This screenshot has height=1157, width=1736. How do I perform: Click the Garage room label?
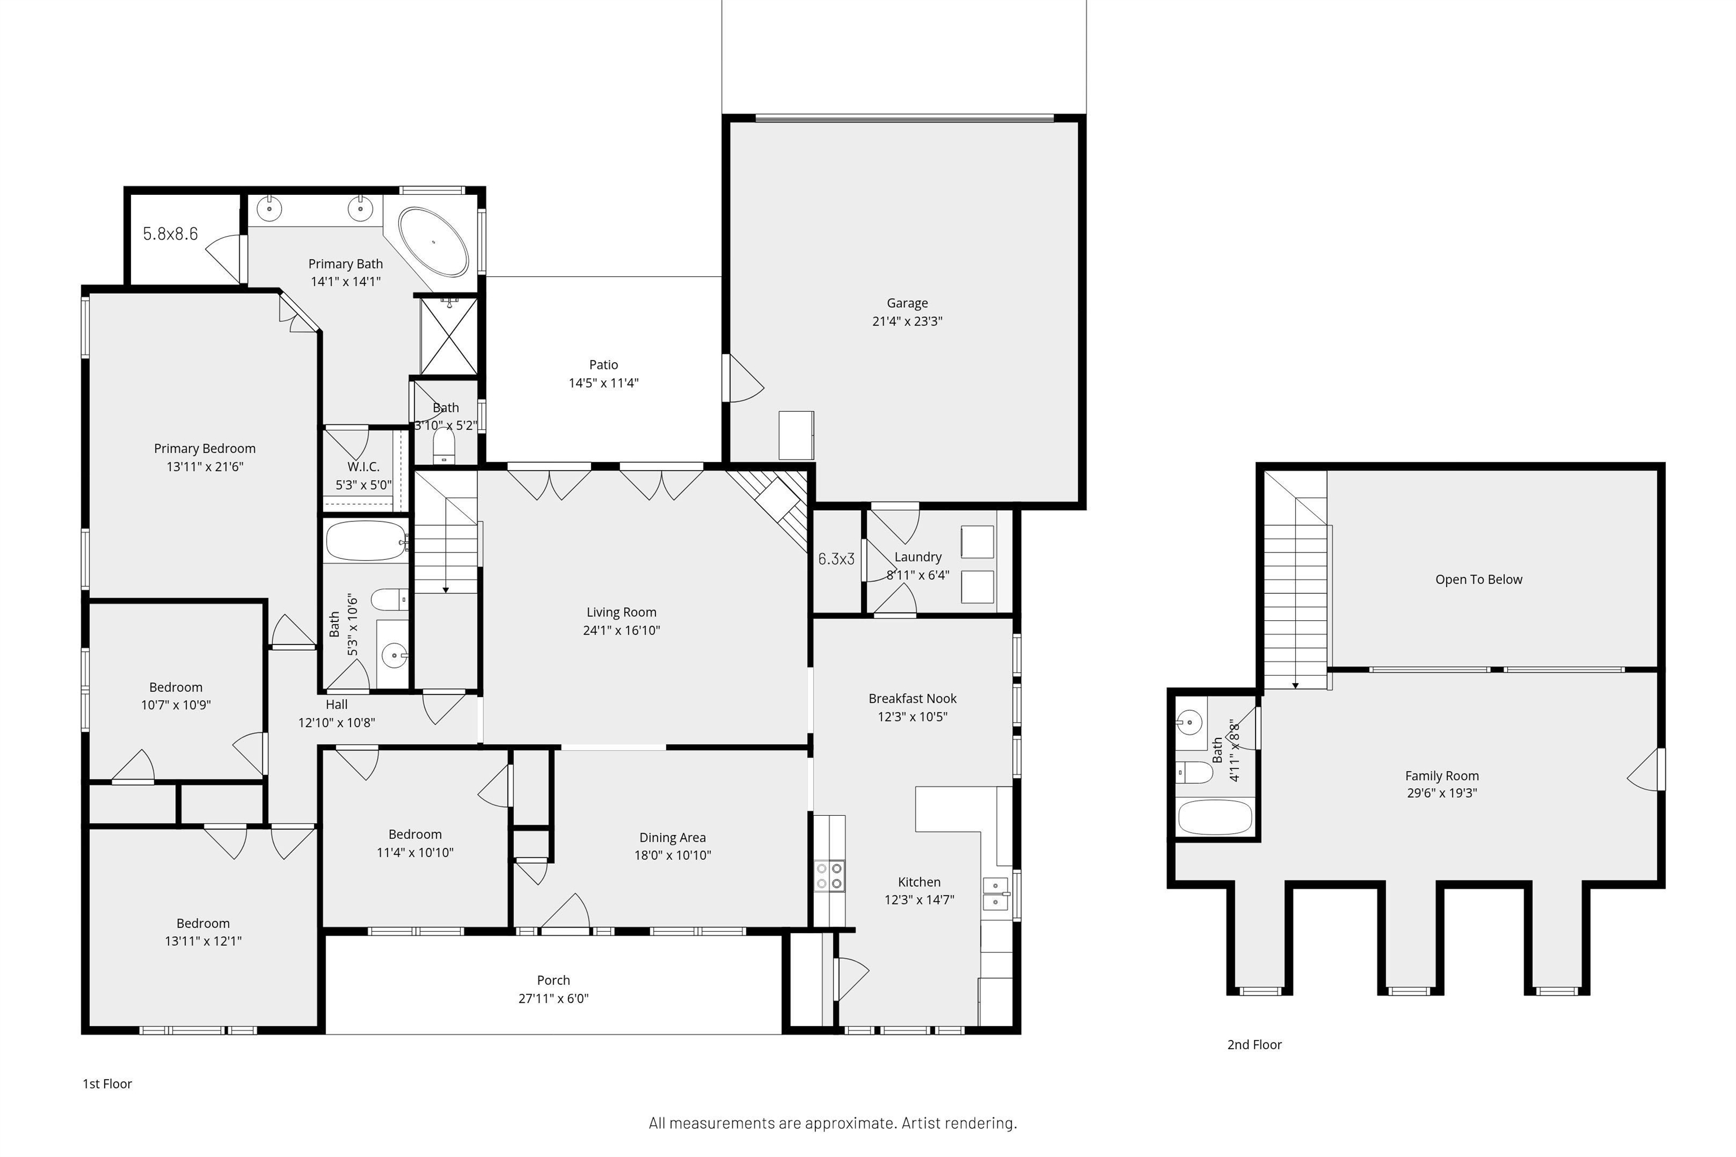click(x=907, y=303)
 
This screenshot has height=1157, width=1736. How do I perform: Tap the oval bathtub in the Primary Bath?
click(x=433, y=241)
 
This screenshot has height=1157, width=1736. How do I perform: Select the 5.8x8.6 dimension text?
click(x=171, y=234)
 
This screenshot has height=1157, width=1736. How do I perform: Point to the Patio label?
click(x=603, y=364)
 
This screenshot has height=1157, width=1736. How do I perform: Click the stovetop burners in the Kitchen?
click(x=830, y=876)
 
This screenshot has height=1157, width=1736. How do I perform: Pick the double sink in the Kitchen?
click(x=996, y=894)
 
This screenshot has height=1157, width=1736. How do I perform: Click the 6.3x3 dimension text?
click(x=836, y=559)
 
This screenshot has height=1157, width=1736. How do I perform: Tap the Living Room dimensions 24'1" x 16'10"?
click(x=622, y=630)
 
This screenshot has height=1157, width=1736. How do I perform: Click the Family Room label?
click(x=1442, y=776)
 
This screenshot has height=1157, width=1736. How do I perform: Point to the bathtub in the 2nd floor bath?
click(x=1215, y=817)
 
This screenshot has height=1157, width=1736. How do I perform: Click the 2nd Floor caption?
click(x=1254, y=1045)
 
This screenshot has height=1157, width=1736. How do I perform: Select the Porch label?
click(x=554, y=981)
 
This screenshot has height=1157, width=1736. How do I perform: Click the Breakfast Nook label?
click(x=912, y=699)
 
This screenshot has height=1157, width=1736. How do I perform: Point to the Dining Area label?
click(x=672, y=837)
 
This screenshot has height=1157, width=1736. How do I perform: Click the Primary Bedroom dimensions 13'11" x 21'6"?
click(x=205, y=466)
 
